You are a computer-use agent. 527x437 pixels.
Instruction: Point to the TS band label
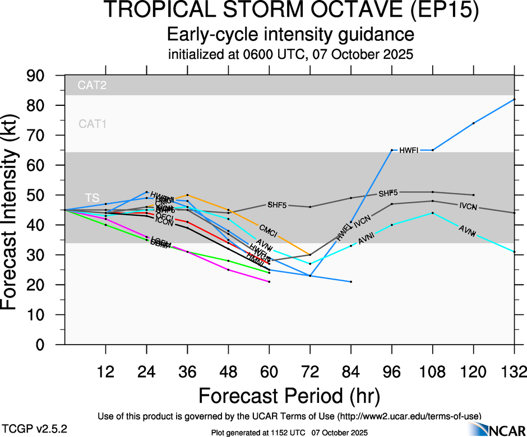point(92,198)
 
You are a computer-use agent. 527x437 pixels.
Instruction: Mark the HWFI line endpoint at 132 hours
point(515,100)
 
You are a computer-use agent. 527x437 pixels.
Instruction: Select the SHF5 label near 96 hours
point(388,193)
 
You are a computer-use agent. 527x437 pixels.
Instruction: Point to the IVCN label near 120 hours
point(468,207)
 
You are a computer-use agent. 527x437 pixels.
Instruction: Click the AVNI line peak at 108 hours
point(433,213)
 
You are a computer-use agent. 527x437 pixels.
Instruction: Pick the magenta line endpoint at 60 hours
point(269,282)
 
